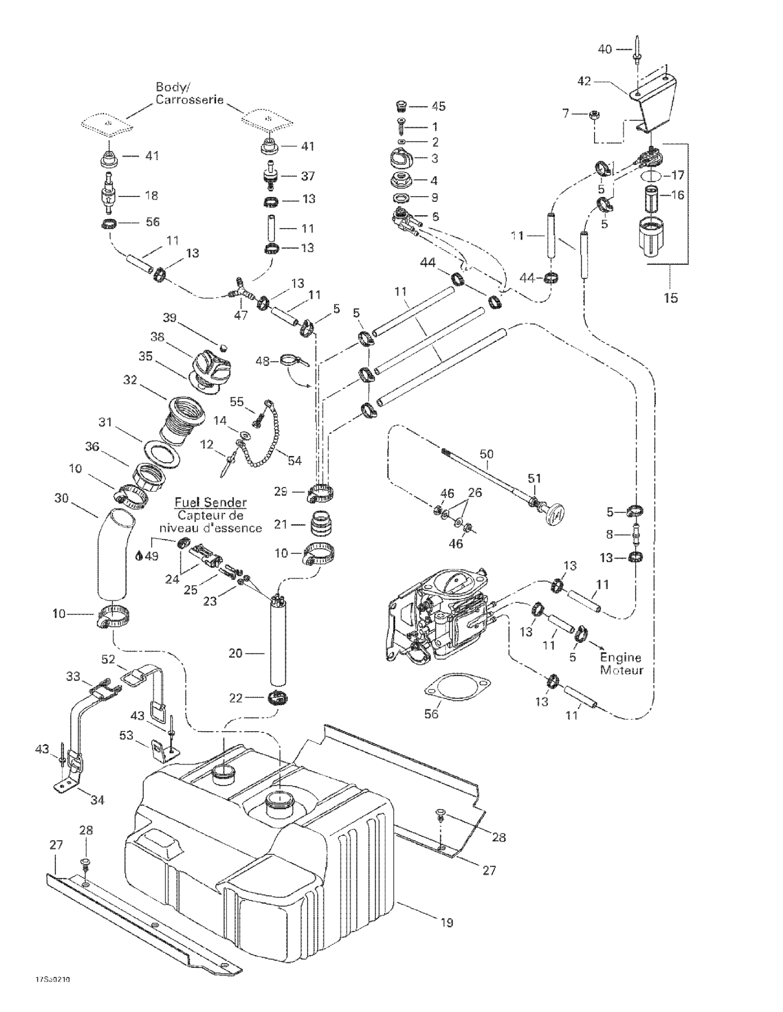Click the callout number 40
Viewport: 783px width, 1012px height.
[605, 49]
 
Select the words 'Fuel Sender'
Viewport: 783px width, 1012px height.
[210, 502]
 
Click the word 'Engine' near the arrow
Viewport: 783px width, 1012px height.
[620, 658]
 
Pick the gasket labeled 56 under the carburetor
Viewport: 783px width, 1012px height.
[458, 690]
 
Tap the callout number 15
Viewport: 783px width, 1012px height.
[671, 298]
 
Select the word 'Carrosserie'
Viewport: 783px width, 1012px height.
[189, 100]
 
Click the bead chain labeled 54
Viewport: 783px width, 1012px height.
[264, 440]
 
